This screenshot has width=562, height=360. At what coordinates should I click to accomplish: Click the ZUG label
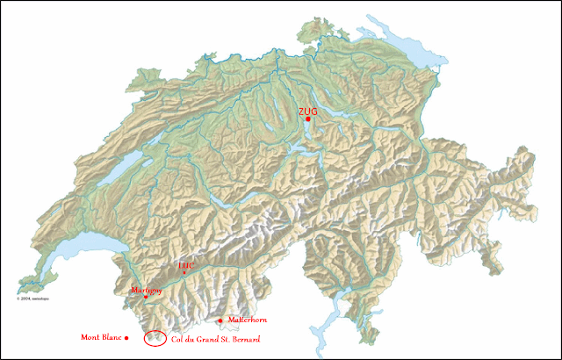coord(307,112)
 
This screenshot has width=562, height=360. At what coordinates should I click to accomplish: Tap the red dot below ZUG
coord(308,119)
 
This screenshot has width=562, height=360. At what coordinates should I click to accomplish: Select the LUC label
coord(185,264)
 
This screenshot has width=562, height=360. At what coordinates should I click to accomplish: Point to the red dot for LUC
coord(184,272)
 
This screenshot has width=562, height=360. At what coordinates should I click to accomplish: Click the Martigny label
coord(147,289)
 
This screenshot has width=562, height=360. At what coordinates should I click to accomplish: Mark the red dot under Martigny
coord(146,297)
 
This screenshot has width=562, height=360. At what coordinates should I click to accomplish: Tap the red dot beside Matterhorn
coord(220,320)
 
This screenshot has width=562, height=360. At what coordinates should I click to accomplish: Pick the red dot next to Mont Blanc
coord(127,337)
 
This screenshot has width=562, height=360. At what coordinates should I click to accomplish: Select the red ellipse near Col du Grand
coord(155,337)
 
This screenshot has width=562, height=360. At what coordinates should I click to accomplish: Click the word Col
coord(179,338)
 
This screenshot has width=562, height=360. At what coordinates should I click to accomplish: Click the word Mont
coord(90,337)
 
